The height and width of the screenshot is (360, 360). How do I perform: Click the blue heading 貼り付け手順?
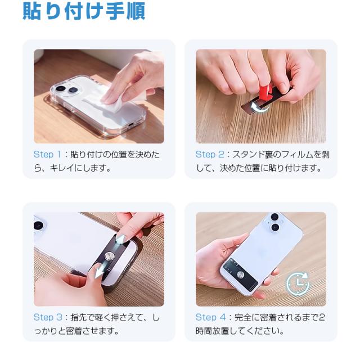click(x=84, y=11)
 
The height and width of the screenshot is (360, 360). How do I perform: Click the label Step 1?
click(x=47, y=155)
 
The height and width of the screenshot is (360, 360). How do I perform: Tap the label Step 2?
click(x=210, y=155)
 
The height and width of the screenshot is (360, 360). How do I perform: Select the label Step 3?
click(x=48, y=317)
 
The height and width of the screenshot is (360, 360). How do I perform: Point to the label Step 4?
click(x=210, y=317)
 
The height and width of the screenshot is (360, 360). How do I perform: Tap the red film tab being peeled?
click(x=265, y=93)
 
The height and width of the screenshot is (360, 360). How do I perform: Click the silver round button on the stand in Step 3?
click(x=110, y=256)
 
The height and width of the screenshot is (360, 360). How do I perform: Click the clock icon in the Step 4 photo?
click(x=298, y=283)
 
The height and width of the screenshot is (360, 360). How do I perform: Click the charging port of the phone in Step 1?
click(x=131, y=125)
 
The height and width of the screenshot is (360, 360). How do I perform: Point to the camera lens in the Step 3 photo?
click(x=39, y=225)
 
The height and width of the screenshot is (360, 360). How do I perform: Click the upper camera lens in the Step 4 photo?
click(x=275, y=217)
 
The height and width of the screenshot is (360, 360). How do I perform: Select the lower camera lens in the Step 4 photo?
click(x=275, y=227)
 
